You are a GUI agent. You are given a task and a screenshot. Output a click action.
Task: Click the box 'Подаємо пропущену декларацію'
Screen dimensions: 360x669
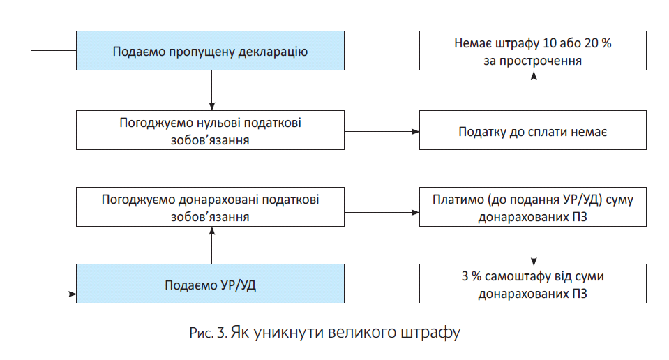[210, 51]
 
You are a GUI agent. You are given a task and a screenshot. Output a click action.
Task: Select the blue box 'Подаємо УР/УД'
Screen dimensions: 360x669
[210, 284]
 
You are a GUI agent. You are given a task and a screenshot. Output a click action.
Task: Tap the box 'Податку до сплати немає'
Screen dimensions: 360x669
[534, 130]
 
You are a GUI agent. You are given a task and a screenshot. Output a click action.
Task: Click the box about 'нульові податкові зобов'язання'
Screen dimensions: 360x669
[210, 130]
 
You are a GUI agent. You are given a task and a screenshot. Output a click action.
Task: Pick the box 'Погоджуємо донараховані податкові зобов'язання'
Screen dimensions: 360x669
[210, 207]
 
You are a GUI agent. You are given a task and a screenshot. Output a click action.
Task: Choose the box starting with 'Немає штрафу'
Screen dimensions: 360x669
[534, 51]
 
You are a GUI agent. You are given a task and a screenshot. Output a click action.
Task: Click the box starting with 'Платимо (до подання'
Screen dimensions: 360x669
[534, 207]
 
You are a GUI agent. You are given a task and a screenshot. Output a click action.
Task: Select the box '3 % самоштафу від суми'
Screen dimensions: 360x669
[534, 284]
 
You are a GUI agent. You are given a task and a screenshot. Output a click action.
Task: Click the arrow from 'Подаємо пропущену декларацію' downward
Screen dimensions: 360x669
[210, 89]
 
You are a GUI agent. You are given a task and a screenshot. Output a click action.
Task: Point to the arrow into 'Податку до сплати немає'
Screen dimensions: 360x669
[382, 130]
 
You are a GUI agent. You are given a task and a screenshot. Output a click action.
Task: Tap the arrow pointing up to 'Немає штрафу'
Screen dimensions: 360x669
[534, 89]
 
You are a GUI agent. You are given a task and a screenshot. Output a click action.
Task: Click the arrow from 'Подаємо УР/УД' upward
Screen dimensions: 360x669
[210, 245]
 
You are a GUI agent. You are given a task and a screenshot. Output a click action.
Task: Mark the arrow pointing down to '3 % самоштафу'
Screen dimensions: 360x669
[534, 245]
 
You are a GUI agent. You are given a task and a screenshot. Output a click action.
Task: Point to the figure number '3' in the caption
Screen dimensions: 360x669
[220, 332]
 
